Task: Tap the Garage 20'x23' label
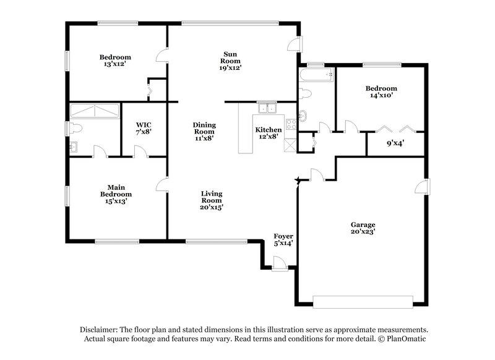363,228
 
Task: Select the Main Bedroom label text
116,194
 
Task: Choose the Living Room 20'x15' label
212,200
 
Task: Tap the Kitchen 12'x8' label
269,132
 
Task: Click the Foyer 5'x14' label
283,240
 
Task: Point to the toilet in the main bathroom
75,128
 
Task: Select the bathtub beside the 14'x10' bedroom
316,75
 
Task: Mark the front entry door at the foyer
280,265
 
